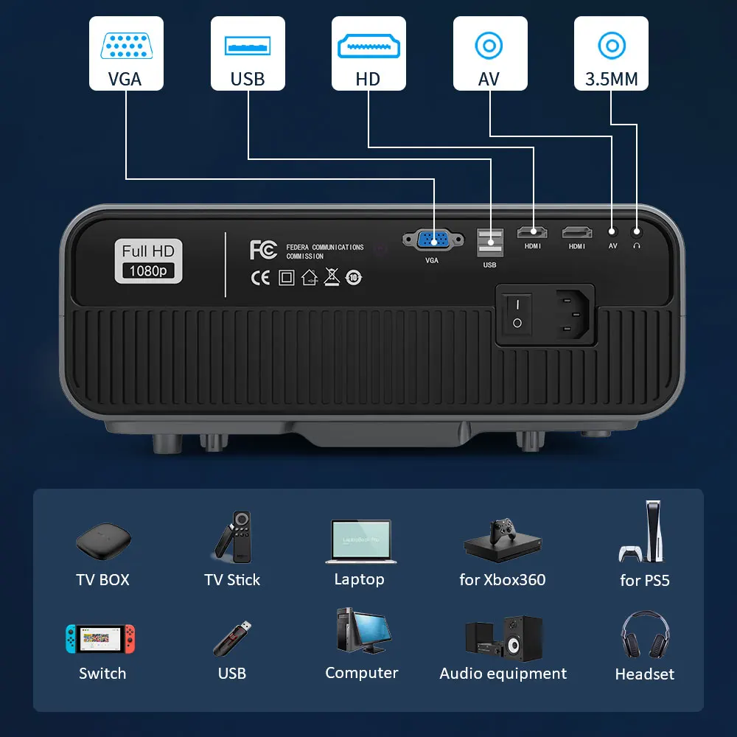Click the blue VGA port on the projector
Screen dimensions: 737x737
tap(433, 239)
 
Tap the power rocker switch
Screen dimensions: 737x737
tap(517, 312)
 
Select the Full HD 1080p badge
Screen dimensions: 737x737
tap(148, 261)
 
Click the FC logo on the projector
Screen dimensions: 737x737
tap(263, 250)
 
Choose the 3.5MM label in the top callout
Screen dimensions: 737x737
tap(611, 79)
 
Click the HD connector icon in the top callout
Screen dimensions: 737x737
tap(368, 46)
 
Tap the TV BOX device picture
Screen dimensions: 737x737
tap(103, 542)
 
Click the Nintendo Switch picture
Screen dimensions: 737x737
tap(101, 639)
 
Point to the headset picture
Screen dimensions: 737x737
tap(645, 636)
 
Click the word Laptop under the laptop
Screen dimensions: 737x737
tap(359, 579)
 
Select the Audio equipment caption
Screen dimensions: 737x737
tap(503, 674)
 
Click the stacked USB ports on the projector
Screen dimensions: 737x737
tap(489, 242)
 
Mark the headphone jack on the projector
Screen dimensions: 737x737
tap(636, 231)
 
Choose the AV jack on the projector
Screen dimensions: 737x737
tap(612, 231)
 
